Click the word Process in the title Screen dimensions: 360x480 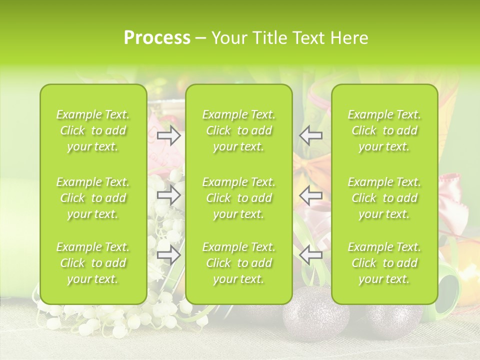point(157,38)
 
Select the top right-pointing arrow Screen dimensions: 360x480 point(169,135)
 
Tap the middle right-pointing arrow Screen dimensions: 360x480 point(169,195)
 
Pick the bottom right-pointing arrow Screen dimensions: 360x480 point(169,255)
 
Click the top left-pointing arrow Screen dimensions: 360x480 point(311,135)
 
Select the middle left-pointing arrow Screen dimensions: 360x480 point(311,195)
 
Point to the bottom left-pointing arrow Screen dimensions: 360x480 point(311,255)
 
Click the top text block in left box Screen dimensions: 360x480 point(93,130)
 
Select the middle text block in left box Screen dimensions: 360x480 point(93,198)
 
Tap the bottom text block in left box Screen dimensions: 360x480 point(93,263)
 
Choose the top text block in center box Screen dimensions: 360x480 point(239,130)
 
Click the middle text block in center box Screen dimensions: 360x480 point(239,198)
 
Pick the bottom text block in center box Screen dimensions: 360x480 point(239,263)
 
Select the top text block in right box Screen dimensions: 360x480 point(384,130)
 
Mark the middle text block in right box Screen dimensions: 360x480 point(384,198)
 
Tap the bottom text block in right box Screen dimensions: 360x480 point(384,263)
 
